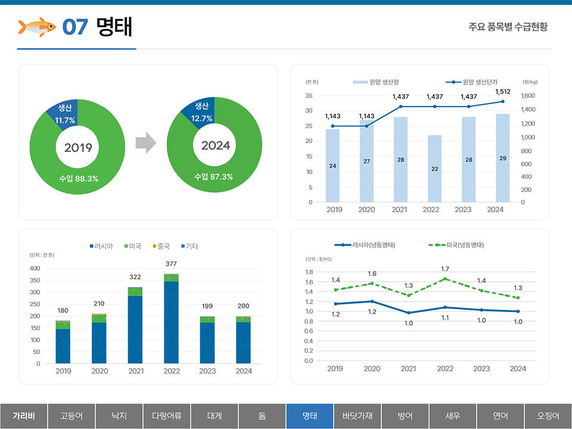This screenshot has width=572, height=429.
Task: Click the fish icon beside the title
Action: [x=37, y=27]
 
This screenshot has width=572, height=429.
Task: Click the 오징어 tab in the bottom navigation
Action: [x=548, y=416]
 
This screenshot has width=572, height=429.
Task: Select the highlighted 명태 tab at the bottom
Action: [x=309, y=416]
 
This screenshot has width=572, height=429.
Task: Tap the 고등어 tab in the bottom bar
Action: [x=71, y=416]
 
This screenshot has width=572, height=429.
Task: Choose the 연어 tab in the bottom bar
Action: [x=500, y=416]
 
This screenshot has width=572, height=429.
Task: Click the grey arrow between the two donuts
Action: [x=145, y=143]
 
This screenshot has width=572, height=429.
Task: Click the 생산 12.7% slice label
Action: [x=201, y=112]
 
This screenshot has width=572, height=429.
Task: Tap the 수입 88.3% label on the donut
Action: [x=79, y=178]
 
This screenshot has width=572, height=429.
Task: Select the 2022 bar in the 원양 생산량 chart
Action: [x=435, y=169]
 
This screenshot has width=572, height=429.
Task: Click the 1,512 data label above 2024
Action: [x=503, y=92]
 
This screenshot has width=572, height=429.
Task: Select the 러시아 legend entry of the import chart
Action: [x=101, y=246]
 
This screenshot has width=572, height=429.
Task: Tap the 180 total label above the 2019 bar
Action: [x=63, y=310]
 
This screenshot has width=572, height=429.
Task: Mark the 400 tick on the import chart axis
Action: [x=35, y=269]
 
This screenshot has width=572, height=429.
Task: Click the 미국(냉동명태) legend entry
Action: [x=459, y=245]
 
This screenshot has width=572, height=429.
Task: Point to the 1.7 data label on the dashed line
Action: [x=445, y=269]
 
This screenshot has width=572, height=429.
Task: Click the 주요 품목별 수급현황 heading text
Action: [x=508, y=27]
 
